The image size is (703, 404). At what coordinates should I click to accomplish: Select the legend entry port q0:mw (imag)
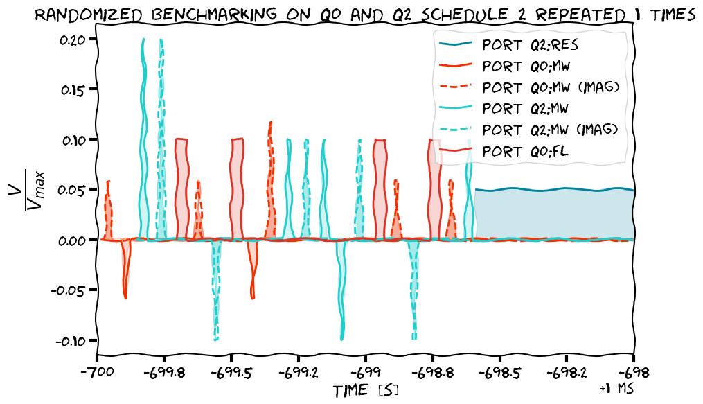click(x=550, y=88)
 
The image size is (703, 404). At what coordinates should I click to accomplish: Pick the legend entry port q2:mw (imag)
click(x=550, y=130)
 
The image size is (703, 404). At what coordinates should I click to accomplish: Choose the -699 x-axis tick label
click(x=365, y=371)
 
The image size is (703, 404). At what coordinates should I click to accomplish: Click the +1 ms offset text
click(x=616, y=389)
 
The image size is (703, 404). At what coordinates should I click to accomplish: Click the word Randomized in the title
click(x=98, y=14)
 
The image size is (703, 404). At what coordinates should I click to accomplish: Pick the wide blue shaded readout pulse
click(x=554, y=214)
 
